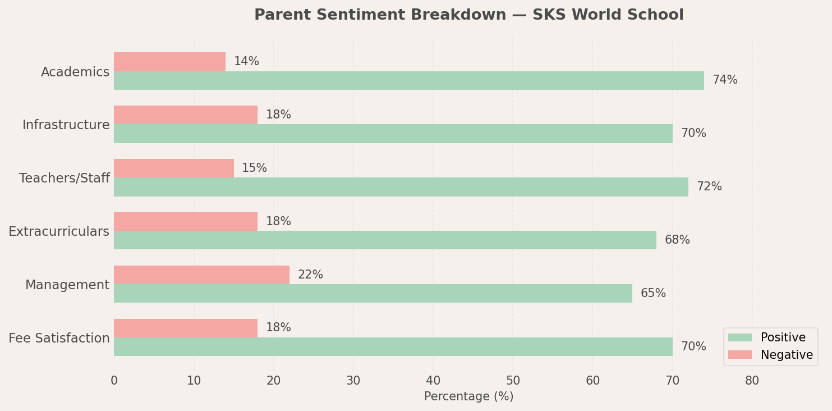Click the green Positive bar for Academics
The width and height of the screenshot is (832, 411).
coord(408,80)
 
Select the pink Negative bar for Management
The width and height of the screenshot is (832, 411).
coord(201,275)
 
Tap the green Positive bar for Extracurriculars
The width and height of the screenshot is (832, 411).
coord(385,240)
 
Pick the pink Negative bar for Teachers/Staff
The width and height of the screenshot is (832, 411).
coord(174,168)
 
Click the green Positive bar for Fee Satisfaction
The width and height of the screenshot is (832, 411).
coord(393,347)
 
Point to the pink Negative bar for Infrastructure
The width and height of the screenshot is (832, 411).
coord(186,115)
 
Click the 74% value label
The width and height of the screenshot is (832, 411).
coord(725,80)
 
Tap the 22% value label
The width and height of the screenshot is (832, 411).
coord(310,275)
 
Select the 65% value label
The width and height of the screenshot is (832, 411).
coord(653,294)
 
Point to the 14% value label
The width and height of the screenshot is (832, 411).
coord(246,62)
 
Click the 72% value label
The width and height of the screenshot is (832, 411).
coord(709,187)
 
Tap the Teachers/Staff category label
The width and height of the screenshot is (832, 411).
coord(65,179)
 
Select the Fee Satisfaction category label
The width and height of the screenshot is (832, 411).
coord(59,339)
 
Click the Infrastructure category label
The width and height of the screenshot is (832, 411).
coord(66,125)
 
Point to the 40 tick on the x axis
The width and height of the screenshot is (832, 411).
coord(433,381)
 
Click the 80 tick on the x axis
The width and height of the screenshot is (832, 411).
coord(752,381)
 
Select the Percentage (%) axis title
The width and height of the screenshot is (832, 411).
coord(468,396)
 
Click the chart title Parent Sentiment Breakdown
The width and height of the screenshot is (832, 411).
coord(468,15)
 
